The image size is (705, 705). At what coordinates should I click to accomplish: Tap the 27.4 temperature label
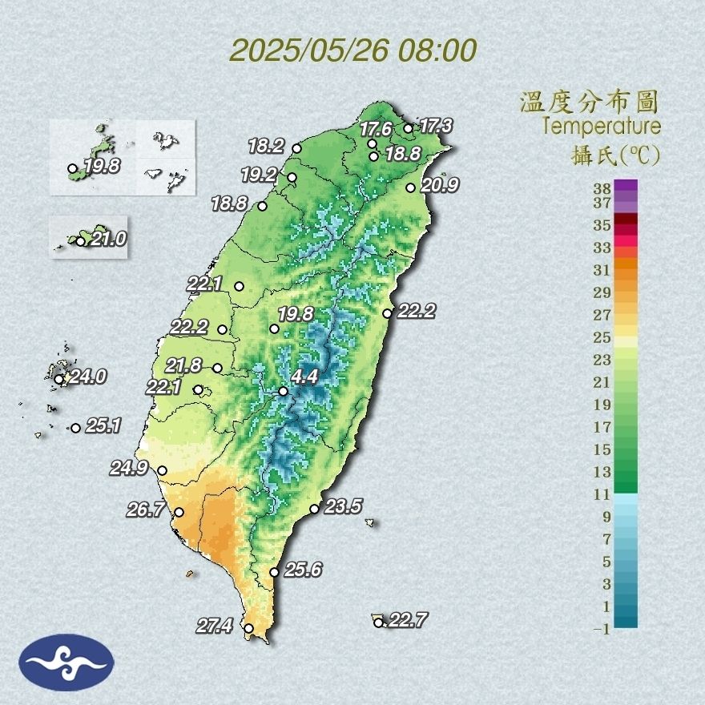coord(214,626)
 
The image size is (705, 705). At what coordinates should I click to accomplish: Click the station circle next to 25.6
coord(274,572)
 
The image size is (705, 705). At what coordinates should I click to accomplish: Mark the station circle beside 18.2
coord(296,148)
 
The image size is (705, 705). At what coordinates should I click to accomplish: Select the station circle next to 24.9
coord(163,471)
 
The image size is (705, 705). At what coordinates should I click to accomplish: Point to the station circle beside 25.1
coord(75,428)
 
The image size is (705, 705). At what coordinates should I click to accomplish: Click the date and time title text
coord(352,50)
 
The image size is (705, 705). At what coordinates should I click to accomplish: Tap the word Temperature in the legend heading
coord(602,127)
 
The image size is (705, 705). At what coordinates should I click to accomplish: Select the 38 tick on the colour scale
coord(601,188)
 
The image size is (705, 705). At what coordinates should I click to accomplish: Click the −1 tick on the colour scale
coord(601,630)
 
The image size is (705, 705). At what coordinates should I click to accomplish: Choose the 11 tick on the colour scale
coord(601,494)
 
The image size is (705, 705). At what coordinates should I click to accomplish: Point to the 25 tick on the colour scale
coord(601,337)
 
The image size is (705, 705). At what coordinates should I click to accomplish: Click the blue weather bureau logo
coord(66,662)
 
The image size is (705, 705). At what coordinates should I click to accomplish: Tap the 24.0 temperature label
coord(87,376)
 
